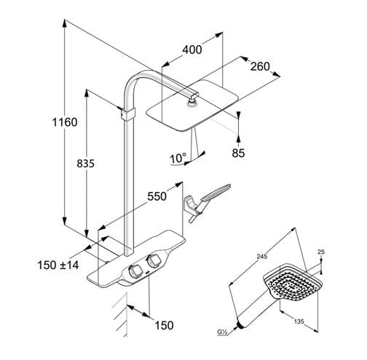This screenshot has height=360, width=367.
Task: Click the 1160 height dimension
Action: [x=65, y=122]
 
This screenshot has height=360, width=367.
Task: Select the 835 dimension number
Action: [x=85, y=164]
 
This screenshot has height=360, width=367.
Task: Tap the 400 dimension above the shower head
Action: [x=192, y=49]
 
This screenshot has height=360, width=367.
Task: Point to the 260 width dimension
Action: [x=260, y=66]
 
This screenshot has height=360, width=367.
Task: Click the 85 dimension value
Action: [x=238, y=153]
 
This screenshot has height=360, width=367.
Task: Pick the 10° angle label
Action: [x=178, y=159]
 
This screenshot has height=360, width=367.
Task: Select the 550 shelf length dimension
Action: [x=157, y=196]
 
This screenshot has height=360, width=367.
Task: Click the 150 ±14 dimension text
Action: [x=58, y=265]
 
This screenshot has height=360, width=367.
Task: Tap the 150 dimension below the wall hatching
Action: [x=164, y=325]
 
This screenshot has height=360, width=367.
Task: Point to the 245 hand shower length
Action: [x=262, y=256]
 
